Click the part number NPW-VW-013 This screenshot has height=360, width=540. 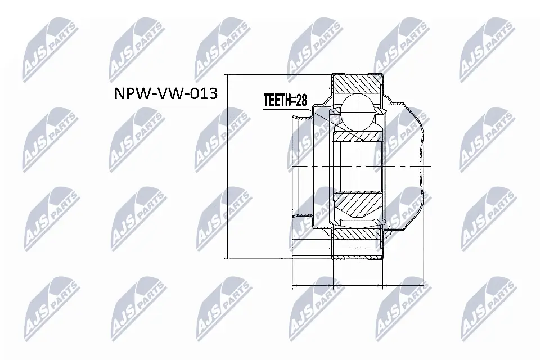(x=166, y=94)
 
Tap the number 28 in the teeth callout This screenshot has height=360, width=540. (x=301, y=101)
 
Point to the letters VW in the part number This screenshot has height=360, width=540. (x=166, y=94)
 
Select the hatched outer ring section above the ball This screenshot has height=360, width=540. (x=358, y=85)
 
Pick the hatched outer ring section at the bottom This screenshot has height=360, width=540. (x=358, y=237)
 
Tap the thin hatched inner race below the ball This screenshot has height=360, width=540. (x=358, y=136)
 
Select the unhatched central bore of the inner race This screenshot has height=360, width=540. (x=358, y=166)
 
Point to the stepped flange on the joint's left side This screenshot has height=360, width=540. (x=301, y=166)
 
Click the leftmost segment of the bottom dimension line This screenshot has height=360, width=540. (x=313, y=286)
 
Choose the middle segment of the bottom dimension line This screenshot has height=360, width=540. (x=358, y=286)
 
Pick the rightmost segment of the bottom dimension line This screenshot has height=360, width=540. (x=402, y=286)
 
